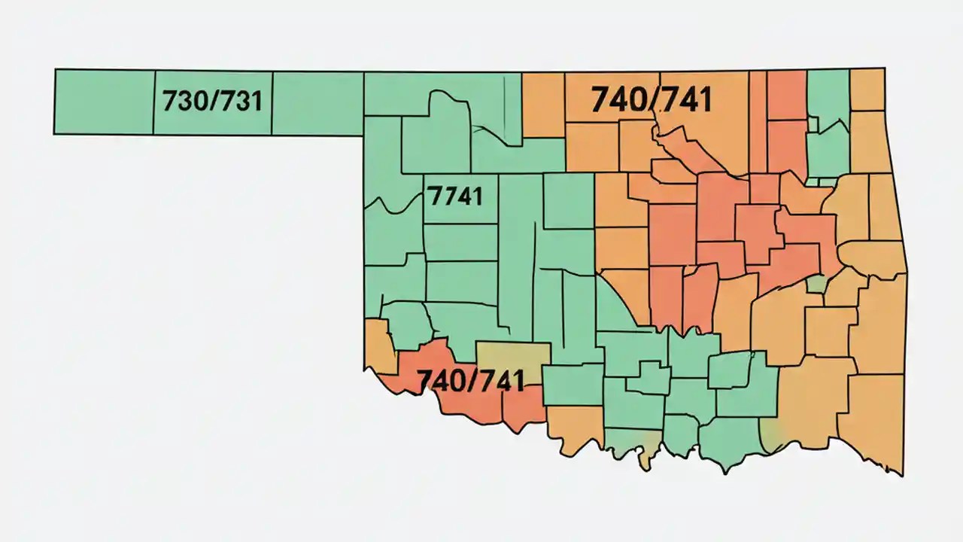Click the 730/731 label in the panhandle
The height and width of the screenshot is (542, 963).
212,100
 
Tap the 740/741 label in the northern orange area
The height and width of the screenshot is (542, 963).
651,99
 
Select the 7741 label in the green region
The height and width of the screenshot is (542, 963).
454,196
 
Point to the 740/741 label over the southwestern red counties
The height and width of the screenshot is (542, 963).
470,381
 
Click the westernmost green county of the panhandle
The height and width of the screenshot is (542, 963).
104,102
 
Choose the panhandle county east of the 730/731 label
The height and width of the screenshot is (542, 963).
317,104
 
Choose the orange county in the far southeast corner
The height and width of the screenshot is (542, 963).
873,422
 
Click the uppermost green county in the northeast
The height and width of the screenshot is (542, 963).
828,98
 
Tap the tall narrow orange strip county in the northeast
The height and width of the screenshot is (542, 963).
757,120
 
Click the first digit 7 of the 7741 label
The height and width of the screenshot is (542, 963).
433,196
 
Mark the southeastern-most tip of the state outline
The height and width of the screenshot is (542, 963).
901,475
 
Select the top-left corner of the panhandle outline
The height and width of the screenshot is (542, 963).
55,70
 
